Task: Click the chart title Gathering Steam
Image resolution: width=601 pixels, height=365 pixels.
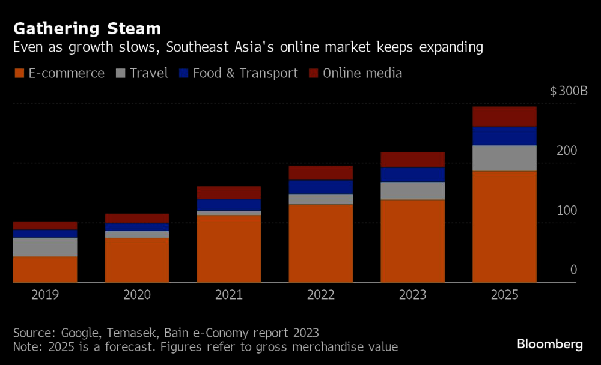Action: pyautogui.click(x=87, y=28)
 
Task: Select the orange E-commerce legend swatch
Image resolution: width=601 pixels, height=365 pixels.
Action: pyautogui.click(x=19, y=73)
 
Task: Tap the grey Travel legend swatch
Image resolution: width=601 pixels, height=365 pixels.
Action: pyautogui.click(x=120, y=73)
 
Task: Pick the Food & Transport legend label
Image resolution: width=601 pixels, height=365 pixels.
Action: pyautogui.click(x=245, y=73)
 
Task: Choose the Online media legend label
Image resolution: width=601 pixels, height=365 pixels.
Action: pyautogui.click(x=362, y=73)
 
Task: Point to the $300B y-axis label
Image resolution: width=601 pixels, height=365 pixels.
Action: pyautogui.click(x=568, y=92)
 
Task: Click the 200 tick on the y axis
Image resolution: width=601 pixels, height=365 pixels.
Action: pyautogui.click(x=567, y=151)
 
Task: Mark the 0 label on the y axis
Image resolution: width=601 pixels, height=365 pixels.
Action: pyautogui.click(x=573, y=270)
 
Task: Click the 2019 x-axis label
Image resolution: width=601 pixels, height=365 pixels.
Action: pyautogui.click(x=44, y=295)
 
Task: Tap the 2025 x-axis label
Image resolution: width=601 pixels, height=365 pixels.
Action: pyautogui.click(x=504, y=295)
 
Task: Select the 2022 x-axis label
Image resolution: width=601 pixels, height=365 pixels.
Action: pyautogui.click(x=320, y=295)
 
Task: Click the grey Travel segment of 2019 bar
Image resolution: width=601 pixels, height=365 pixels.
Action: pyautogui.click(x=44, y=247)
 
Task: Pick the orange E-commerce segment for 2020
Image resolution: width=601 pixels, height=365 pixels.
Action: pyautogui.click(x=136, y=260)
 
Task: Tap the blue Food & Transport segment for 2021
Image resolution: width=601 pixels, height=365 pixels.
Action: pyautogui.click(x=228, y=205)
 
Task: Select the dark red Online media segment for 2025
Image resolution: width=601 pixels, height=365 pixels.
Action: pyautogui.click(x=504, y=116)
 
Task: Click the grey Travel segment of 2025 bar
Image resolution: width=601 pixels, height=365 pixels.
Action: pyautogui.click(x=504, y=158)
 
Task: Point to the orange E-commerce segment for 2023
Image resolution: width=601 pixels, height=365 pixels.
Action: pyautogui.click(x=412, y=241)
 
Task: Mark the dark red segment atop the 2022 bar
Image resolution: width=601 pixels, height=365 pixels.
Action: pyautogui.click(x=320, y=172)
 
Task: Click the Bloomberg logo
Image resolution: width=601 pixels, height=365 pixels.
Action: pyautogui.click(x=550, y=344)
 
